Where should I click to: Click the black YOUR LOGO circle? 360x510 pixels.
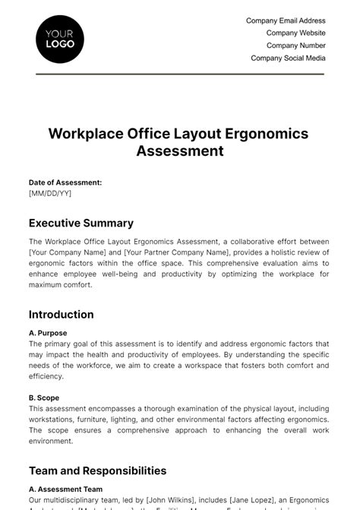[x=60, y=39]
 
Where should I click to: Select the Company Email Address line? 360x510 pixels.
[x=286, y=21]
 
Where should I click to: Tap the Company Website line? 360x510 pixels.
[x=295, y=33]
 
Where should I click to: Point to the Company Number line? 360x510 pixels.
[x=295, y=46]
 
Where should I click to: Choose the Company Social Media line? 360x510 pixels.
[x=288, y=58]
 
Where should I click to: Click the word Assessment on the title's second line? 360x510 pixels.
[x=179, y=150]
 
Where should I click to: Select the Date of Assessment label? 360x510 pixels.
[x=65, y=182]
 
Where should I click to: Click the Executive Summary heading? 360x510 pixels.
[x=81, y=223]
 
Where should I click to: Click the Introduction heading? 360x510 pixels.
[x=62, y=315]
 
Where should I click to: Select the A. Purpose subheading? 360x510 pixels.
[x=48, y=333]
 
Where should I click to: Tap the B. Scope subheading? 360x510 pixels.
[x=44, y=398]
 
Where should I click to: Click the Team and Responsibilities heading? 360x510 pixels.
[x=97, y=471]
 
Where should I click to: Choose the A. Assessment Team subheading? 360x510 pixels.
[x=65, y=489]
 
